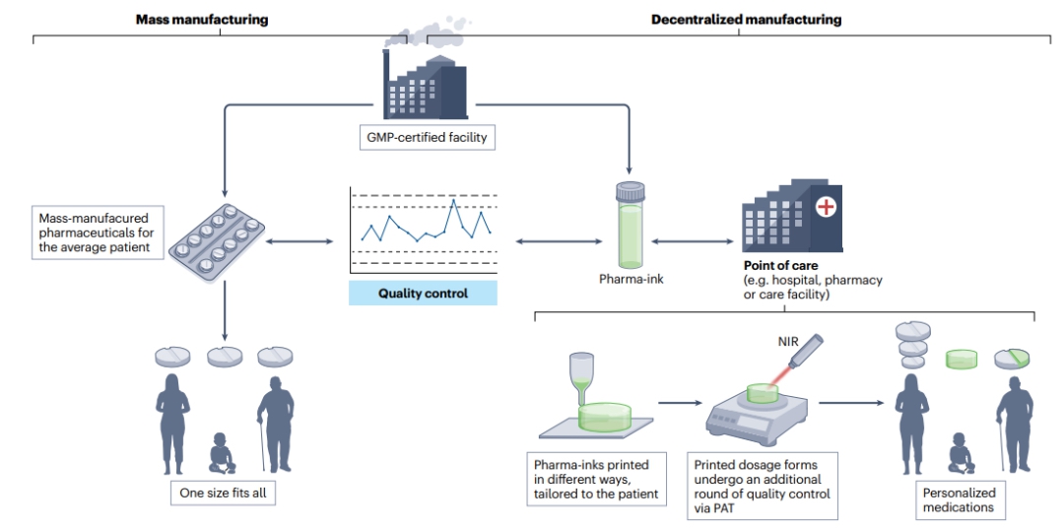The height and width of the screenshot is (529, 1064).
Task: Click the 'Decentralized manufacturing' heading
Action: pos(746,19)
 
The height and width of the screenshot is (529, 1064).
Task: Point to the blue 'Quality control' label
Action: pos(423,294)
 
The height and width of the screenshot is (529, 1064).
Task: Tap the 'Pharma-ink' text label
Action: pos(631,280)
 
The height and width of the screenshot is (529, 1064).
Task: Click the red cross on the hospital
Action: pos(824,208)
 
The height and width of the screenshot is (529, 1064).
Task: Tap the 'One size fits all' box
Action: pos(220,492)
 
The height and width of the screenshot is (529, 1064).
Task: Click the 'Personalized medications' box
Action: pos(959,499)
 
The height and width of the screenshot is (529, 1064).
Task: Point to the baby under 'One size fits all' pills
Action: pos(222,452)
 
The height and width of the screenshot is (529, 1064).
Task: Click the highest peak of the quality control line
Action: pos(452,201)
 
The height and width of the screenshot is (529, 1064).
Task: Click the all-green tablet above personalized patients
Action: pos(962,360)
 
